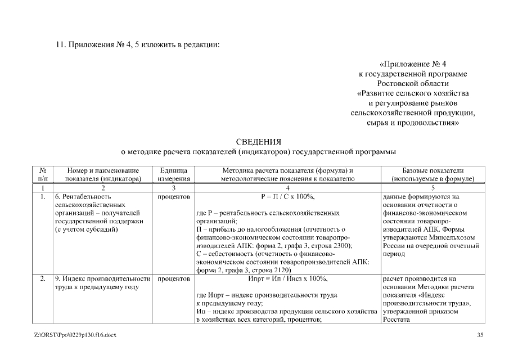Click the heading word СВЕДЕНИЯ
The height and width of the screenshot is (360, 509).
(x=258, y=141)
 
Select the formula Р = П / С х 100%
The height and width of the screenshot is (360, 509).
(x=287, y=197)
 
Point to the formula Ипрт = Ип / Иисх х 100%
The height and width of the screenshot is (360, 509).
(x=287, y=278)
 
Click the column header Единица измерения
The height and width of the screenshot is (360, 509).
(x=174, y=174)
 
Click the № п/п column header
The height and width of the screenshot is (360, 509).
(x=43, y=174)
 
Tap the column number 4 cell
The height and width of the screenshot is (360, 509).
(x=287, y=188)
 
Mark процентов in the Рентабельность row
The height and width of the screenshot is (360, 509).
(x=174, y=197)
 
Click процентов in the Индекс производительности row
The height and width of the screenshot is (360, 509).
(x=174, y=278)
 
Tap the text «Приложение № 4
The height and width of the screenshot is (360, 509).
(x=413, y=64)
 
